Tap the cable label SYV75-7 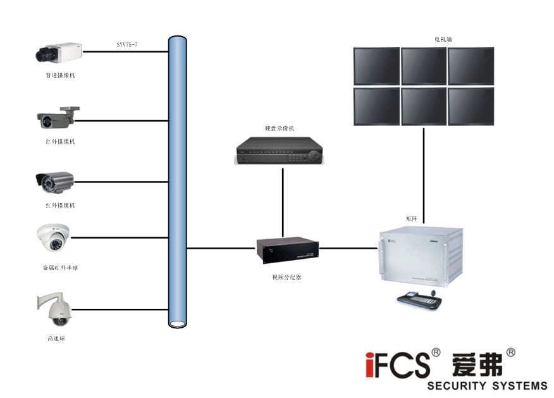tap(126, 45)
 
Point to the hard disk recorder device tap(279, 152)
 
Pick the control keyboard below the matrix tap(419, 299)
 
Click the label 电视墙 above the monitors tap(443, 39)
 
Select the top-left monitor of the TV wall tap(376, 65)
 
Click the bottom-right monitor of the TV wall tap(471, 106)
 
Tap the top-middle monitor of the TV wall tap(424, 65)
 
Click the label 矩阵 tap(412, 218)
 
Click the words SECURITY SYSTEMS tap(487, 385)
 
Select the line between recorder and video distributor tap(282, 201)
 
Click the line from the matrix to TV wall tap(423, 171)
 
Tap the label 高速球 tap(56, 339)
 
